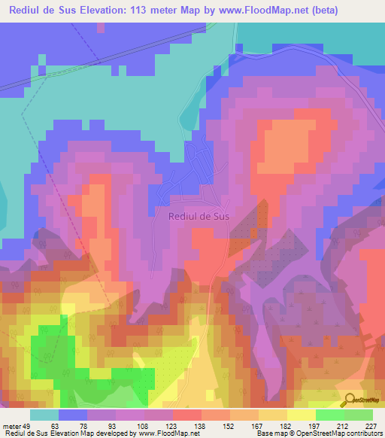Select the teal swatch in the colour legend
coord(44,415)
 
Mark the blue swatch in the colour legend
coord(73,415)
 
